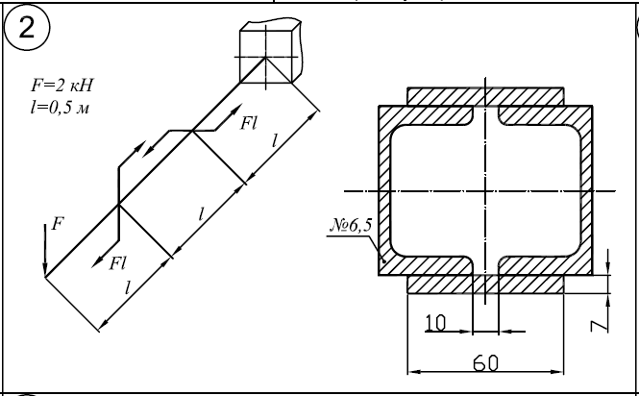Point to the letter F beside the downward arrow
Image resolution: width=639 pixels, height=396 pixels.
point(60,223)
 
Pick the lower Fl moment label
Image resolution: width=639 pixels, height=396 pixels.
point(118,260)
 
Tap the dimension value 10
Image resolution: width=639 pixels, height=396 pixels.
point(435,325)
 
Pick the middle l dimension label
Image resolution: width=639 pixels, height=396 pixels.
point(201,213)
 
